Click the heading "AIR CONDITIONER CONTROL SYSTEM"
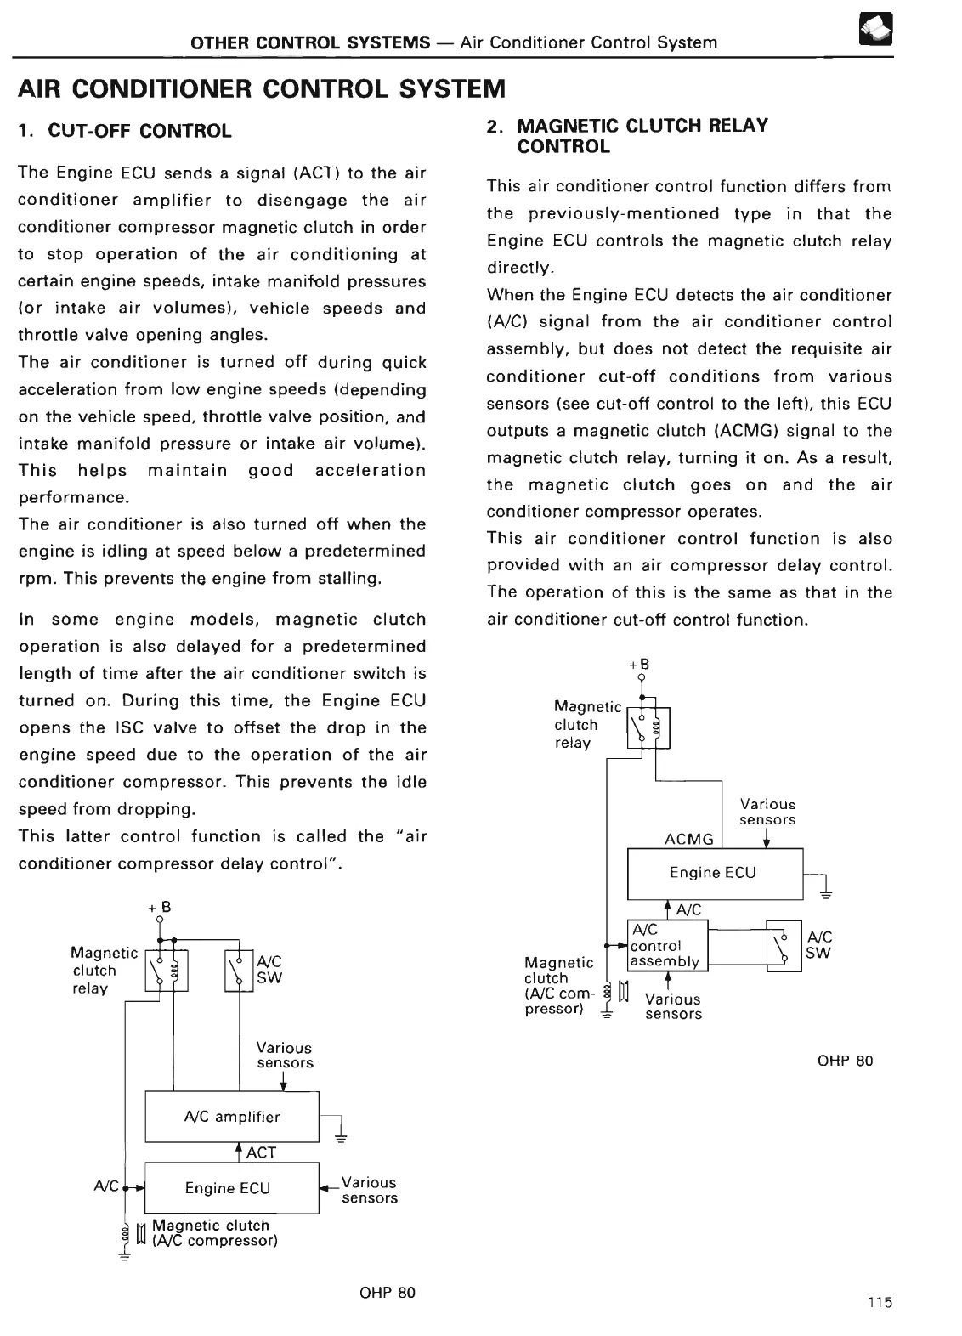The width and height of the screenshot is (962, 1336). [262, 88]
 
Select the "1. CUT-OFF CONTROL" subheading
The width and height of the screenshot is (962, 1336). [125, 131]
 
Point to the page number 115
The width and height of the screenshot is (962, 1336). [880, 1302]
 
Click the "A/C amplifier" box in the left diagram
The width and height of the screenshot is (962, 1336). [231, 1117]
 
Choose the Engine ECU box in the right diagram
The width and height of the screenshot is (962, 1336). [714, 873]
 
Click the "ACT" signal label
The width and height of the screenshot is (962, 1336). [261, 1152]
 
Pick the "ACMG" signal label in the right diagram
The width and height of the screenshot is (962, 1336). [688, 840]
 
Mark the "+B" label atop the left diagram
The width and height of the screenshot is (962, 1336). [160, 908]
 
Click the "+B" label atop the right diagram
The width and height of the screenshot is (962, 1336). [639, 664]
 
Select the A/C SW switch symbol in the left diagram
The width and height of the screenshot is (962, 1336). [239, 970]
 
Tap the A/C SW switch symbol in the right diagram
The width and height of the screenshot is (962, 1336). [784, 945]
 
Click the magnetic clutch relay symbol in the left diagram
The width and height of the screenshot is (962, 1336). [167, 970]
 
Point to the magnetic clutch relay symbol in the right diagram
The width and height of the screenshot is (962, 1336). [648, 727]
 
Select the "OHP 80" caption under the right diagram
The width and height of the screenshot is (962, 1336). [845, 1061]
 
